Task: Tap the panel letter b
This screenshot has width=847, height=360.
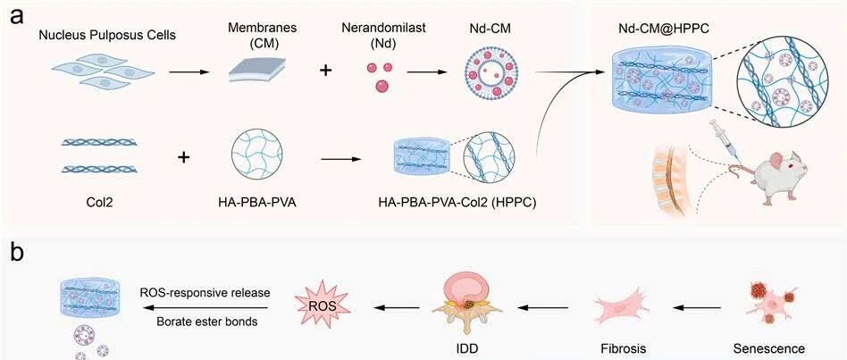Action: tap(17, 253)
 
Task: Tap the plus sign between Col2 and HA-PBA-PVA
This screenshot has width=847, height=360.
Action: tap(184, 157)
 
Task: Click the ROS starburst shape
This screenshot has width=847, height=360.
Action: tap(322, 306)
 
